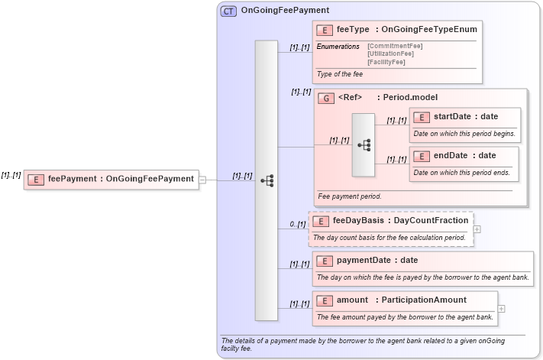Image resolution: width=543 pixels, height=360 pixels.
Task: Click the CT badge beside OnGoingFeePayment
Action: (228, 11)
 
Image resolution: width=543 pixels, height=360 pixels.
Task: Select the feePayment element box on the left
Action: (112, 179)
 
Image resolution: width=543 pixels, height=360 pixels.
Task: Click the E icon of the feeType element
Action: (324, 30)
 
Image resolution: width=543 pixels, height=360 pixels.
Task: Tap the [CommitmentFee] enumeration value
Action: (395, 46)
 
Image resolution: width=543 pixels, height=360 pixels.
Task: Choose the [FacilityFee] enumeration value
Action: (386, 61)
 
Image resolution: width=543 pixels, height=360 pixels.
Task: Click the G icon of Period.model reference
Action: (326, 99)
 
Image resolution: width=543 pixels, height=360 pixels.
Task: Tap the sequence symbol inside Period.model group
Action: (364, 144)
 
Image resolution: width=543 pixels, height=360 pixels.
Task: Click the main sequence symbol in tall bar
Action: (267, 180)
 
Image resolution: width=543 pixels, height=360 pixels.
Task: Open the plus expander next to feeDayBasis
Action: (477, 229)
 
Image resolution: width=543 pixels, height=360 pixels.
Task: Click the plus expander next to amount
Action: (502, 309)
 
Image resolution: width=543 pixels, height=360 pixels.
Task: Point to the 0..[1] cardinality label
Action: (297, 224)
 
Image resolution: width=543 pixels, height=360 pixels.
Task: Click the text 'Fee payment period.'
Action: (350, 196)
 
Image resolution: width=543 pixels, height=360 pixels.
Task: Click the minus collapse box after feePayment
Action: (202, 180)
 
